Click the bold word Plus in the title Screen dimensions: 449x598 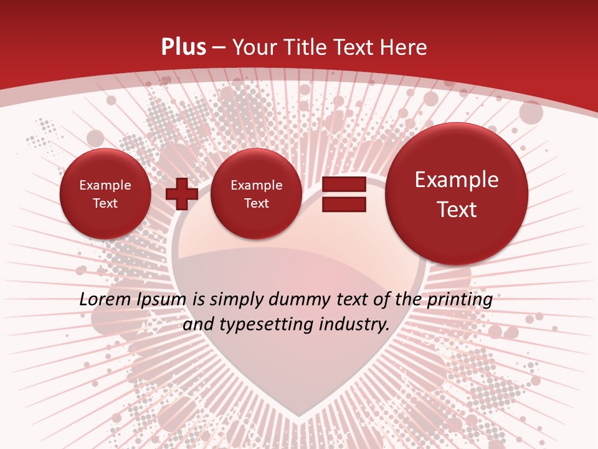tap(183, 47)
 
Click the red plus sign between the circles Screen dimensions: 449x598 tap(182, 194)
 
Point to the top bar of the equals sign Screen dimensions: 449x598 tap(344, 184)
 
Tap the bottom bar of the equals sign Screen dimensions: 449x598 tap(344, 205)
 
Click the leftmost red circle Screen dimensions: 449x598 tap(105, 194)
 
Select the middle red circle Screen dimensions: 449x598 tap(256, 194)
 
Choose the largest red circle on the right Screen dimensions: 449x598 tap(457, 194)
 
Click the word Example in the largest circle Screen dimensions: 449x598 tap(457, 180)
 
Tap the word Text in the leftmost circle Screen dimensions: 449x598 tap(105, 203)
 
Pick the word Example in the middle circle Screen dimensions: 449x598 tap(256, 185)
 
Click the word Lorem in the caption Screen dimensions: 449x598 tap(103, 300)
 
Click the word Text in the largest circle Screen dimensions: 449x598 tap(457, 210)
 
